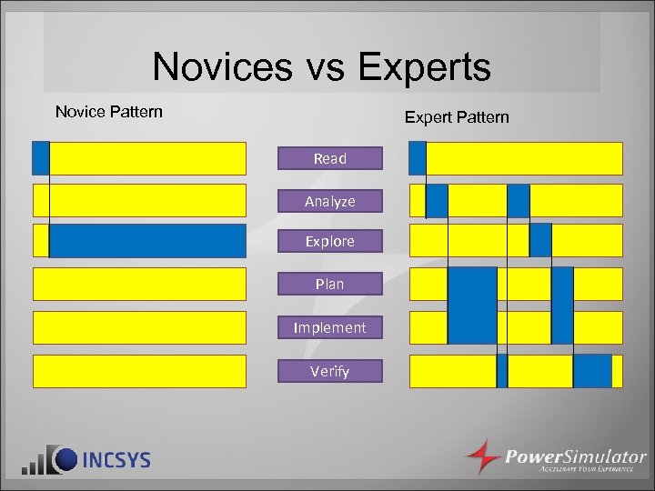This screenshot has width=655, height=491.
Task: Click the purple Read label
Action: click(x=330, y=158)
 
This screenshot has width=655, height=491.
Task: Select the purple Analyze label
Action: click(x=330, y=201)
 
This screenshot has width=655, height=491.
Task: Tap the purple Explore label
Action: click(x=330, y=241)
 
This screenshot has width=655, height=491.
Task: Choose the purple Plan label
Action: click(x=330, y=284)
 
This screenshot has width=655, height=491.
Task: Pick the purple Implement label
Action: click(x=330, y=327)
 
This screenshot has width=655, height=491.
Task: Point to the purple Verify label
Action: click(x=330, y=370)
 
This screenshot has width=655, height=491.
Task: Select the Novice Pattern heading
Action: click(x=109, y=112)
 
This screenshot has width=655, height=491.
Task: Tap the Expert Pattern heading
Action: click(x=457, y=117)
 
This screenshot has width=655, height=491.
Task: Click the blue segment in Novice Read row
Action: click(x=40, y=158)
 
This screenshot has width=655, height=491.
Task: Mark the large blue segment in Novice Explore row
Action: click(x=147, y=241)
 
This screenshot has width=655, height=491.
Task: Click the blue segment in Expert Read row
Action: click(x=418, y=158)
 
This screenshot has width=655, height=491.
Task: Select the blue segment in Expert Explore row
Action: click(x=540, y=241)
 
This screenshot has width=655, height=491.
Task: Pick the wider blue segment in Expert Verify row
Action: click(x=592, y=371)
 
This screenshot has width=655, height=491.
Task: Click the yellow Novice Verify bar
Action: click(x=139, y=371)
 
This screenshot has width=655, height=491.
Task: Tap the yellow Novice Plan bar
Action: click(x=139, y=284)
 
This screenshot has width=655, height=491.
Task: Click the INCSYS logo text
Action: click(x=116, y=459)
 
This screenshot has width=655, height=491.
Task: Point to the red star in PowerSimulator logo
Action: click(x=482, y=456)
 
